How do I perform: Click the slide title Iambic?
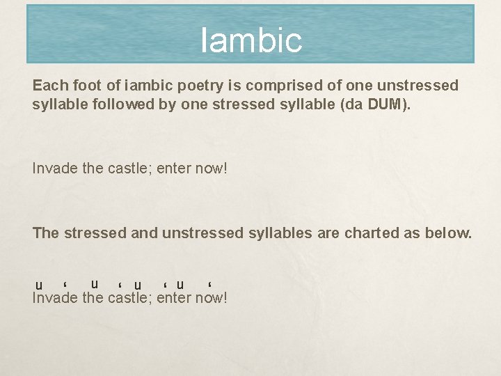(x=251, y=40)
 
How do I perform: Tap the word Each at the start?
(x=49, y=86)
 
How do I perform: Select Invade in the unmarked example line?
(x=52, y=169)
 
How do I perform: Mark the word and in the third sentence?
(x=145, y=233)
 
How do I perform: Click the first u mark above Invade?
(x=39, y=285)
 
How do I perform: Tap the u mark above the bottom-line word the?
(x=94, y=283)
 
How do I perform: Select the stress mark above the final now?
(x=209, y=284)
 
